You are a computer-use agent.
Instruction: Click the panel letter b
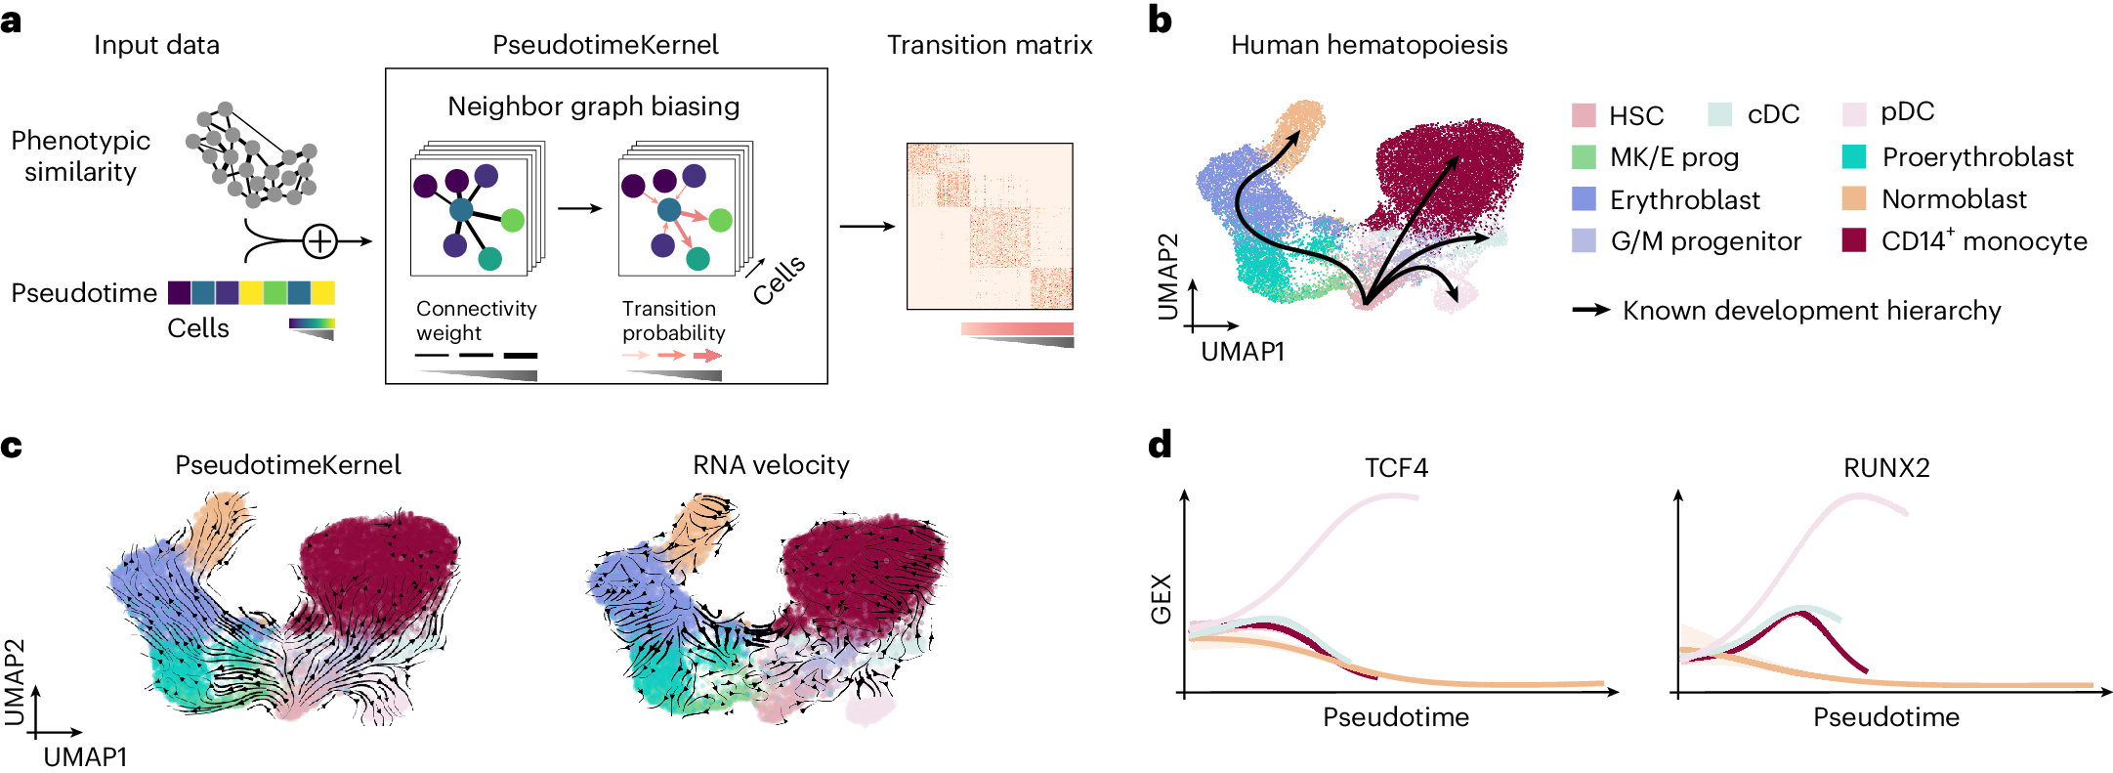1160,21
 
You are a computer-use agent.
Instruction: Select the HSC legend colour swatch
1584,115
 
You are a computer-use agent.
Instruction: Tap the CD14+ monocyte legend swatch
1853,240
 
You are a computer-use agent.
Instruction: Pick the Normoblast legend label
1954,199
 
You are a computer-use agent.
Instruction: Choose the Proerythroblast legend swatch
1853,157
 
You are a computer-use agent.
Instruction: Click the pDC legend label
1907,112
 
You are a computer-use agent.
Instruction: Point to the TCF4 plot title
1396,468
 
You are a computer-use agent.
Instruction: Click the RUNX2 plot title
1886,468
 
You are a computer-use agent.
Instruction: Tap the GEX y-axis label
1161,599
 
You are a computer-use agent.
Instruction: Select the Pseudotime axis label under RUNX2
1886,717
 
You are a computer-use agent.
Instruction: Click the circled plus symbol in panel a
319,241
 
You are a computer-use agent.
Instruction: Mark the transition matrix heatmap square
990,227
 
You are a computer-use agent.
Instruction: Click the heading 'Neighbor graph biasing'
593,107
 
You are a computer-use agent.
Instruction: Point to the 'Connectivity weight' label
476,321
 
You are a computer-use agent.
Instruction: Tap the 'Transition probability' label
673,321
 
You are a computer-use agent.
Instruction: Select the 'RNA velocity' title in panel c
771,465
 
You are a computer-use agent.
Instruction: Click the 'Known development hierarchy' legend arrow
1590,311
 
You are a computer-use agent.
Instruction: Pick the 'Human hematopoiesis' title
1369,45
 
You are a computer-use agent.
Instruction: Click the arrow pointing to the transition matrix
867,227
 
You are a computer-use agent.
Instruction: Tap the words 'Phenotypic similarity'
80,156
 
